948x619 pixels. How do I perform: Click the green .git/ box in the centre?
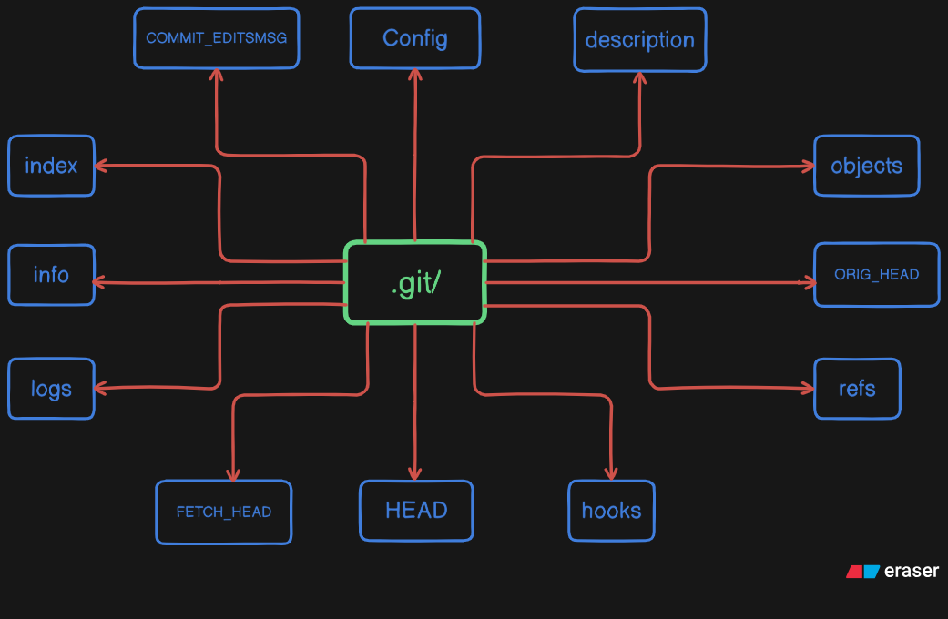415,282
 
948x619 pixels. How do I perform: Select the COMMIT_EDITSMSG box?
217,38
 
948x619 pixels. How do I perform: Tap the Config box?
414,38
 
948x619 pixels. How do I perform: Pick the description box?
639,40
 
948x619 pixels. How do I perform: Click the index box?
51,166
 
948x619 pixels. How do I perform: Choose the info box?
51,275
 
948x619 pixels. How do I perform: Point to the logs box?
51,389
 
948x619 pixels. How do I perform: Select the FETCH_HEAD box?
224,512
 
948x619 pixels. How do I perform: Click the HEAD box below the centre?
416,511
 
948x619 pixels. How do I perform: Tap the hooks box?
611,511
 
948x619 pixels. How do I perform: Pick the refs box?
857,389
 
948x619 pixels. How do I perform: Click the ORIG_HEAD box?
877,274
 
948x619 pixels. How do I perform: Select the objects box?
866,166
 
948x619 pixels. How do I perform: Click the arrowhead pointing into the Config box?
414,75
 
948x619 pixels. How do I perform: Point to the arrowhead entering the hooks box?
611,473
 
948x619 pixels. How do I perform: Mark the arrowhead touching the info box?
99,282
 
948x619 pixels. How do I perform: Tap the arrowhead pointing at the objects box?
808,167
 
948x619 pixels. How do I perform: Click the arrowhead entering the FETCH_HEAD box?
233,474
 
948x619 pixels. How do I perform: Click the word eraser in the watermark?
912,571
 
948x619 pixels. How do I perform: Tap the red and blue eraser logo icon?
862,572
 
